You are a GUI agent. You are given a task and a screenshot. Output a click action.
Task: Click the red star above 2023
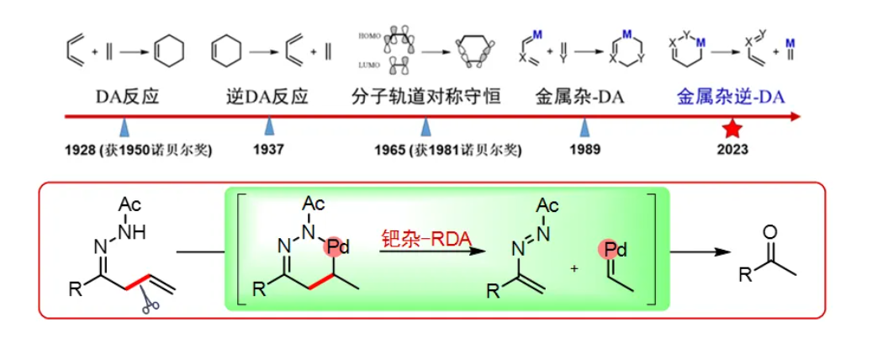pos(732,129)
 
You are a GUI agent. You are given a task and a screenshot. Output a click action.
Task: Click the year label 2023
pos(732,151)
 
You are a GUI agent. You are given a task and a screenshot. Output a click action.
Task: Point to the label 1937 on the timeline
pos(268,151)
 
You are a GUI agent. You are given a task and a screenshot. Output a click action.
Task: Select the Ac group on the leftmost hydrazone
pos(130,204)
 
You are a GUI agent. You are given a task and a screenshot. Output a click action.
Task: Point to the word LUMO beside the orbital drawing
pos(370,64)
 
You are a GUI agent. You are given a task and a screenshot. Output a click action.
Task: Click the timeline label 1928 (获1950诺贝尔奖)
pos(138,151)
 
